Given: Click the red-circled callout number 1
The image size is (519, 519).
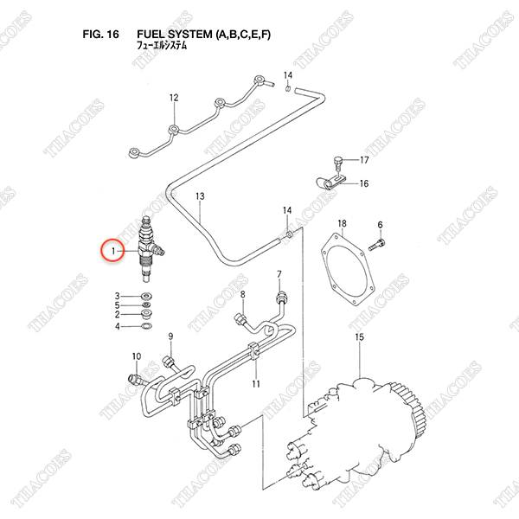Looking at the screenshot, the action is click(113, 251).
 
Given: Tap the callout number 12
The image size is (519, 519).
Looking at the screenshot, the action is click(174, 98).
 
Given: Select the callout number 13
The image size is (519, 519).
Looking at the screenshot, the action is click(200, 196).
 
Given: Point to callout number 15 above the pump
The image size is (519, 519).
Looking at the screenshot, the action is click(360, 337).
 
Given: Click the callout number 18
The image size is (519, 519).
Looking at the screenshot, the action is click(342, 223).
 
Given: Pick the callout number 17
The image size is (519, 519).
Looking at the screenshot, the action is click(364, 160).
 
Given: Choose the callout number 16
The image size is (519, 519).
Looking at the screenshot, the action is click(364, 183).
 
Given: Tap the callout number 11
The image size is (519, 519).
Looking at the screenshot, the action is click(256, 384).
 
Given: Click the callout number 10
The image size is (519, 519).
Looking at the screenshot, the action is click(137, 356).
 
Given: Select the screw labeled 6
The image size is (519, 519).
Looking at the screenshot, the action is click(377, 245).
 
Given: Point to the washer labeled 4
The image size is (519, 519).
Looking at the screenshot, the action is click(147, 327).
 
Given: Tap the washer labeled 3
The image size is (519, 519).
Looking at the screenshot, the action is click(146, 296).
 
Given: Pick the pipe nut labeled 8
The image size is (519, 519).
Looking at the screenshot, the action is click(240, 319).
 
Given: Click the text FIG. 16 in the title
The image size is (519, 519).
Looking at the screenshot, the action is click(100, 34).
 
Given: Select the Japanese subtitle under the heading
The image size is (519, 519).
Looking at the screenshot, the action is click(162, 45).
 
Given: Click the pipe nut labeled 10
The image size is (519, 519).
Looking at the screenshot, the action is click(135, 378).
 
